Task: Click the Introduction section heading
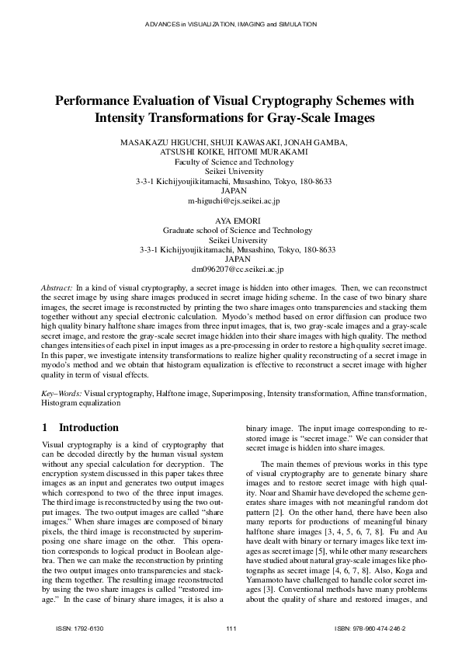[90, 427]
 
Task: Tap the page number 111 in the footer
[231, 627]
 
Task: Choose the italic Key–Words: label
[61, 395]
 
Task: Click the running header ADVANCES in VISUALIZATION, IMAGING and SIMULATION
[231, 24]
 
